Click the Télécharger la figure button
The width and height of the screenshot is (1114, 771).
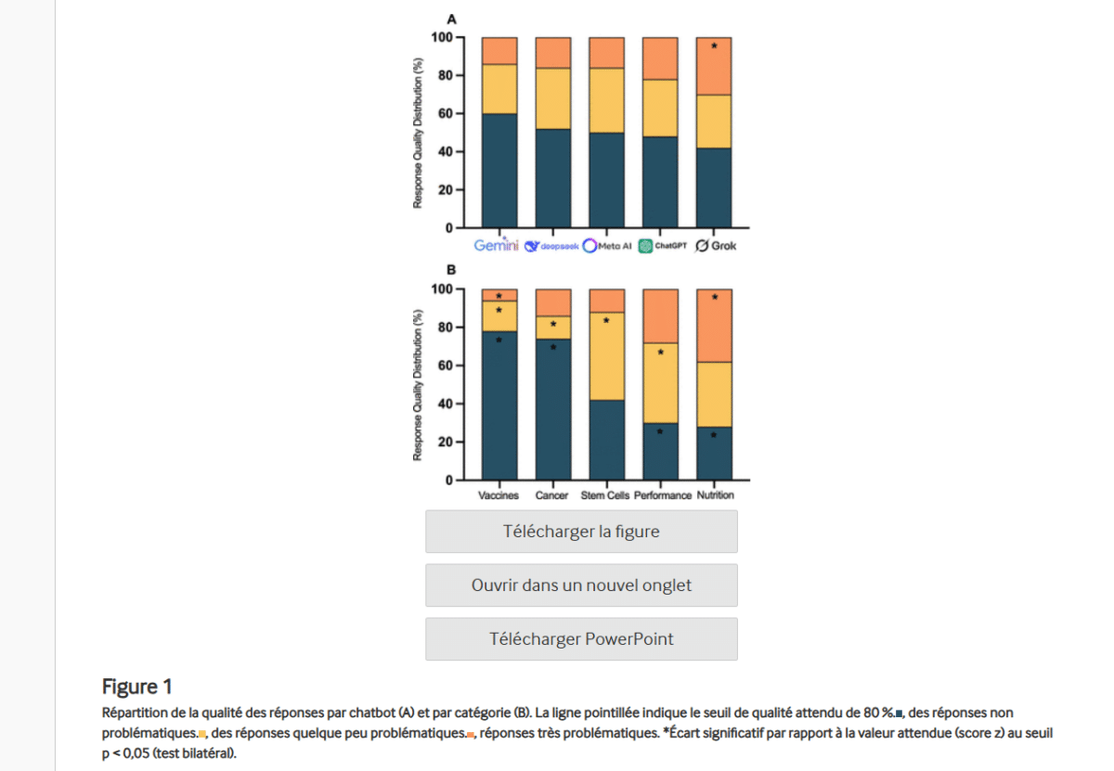581,532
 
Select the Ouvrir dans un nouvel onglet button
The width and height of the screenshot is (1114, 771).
581,585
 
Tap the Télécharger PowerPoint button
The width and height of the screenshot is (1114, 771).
581,639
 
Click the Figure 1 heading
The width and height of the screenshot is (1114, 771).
137,687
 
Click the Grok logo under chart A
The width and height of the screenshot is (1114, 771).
716,246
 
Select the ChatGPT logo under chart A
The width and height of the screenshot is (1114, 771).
662,246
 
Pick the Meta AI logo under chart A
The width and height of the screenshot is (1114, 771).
607,246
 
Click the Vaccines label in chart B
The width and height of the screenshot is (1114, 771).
499,495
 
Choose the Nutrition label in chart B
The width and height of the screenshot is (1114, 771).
715,495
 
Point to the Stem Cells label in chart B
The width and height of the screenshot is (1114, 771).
605,495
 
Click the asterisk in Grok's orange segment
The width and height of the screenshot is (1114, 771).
714,46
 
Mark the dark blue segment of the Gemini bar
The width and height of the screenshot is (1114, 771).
499,171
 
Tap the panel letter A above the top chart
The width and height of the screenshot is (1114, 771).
452,19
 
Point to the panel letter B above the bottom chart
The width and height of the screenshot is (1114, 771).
452,271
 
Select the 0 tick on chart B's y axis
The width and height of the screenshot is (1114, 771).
447,481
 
